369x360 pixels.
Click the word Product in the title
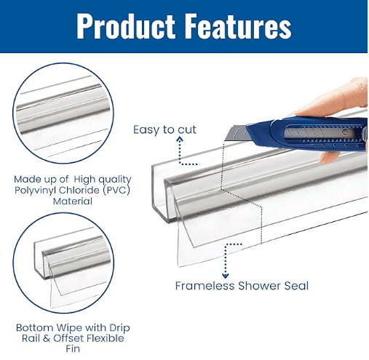tap(126, 26)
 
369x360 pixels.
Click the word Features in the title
tap(239, 26)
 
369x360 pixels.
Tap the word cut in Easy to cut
tap(187, 129)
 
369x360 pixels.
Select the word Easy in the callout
tap(146, 130)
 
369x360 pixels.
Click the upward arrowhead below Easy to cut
tap(180, 140)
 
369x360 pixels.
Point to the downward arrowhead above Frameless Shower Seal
tap(226, 276)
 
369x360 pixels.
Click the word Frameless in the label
tap(205, 286)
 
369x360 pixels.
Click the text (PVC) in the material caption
tap(116, 191)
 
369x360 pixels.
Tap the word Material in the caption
tap(73, 201)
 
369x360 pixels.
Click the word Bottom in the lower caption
tap(35, 328)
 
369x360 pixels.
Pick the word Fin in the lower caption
tap(73, 349)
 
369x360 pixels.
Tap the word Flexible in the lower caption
tap(106, 338)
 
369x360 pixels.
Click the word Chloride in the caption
tap(79, 191)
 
